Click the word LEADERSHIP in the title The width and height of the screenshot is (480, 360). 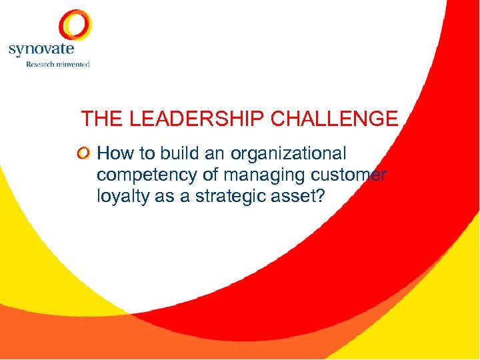[x=198, y=119]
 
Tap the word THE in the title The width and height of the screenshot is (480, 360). [x=103, y=119]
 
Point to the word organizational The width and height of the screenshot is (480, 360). [x=288, y=154]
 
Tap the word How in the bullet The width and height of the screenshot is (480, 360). [x=115, y=154]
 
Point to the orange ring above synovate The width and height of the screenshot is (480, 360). [x=75, y=25]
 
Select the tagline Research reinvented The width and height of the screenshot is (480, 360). [x=57, y=64]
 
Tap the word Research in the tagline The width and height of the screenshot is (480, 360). [x=39, y=64]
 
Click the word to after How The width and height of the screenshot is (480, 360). [x=146, y=154]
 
